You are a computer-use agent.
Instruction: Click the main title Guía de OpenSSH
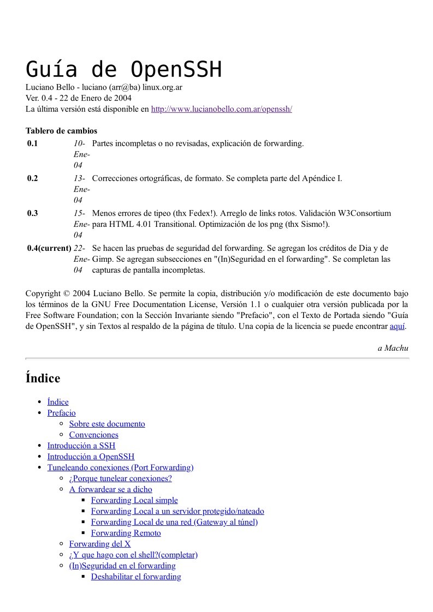pyautogui.click(x=124, y=70)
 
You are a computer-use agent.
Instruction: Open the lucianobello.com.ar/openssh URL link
pyautogui.click(x=221, y=109)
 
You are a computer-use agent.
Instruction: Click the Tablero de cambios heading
pyautogui.click(x=61, y=131)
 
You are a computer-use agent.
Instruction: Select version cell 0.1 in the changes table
pyautogui.click(x=33, y=143)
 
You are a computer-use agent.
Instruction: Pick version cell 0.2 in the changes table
pyautogui.click(x=33, y=178)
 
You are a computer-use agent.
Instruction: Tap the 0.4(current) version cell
pyautogui.click(x=49, y=248)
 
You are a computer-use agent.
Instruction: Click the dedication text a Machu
pyautogui.click(x=393, y=348)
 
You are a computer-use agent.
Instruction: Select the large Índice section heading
pyautogui.click(x=43, y=378)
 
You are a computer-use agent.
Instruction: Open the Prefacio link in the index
pyautogui.click(x=61, y=413)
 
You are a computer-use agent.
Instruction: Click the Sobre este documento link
pyautogui.click(x=107, y=424)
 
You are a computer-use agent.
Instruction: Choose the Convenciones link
pyautogui.click(x=93, y=435)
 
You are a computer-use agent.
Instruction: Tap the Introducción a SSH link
pyautogui.click(x=81, y=446)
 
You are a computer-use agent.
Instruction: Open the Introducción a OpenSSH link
pyautogui.click(x=91, y=457)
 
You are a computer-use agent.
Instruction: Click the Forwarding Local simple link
pyautogui.click(x=134, y=500)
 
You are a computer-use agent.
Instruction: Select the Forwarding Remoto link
pyautogui.click(x=126, y=533)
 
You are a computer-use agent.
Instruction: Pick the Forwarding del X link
pyautogui.click(x=100, y=544)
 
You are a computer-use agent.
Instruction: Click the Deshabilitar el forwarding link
pyautogui.click(x=136, y=577)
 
